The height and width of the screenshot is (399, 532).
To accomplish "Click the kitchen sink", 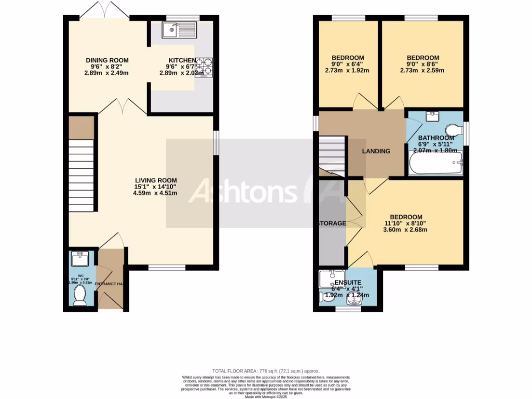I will pos(179,30).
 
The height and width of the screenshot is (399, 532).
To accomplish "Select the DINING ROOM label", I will pos(107,60).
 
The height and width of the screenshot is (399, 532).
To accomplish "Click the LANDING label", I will pos(376,151).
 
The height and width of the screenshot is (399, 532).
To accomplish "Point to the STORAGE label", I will pos(332,223).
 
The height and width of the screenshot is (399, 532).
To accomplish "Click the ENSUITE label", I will pos(348,283).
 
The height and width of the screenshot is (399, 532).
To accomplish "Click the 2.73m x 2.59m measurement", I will pos(422,71).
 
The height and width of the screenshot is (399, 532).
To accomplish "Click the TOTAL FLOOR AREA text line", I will pos(265,371).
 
